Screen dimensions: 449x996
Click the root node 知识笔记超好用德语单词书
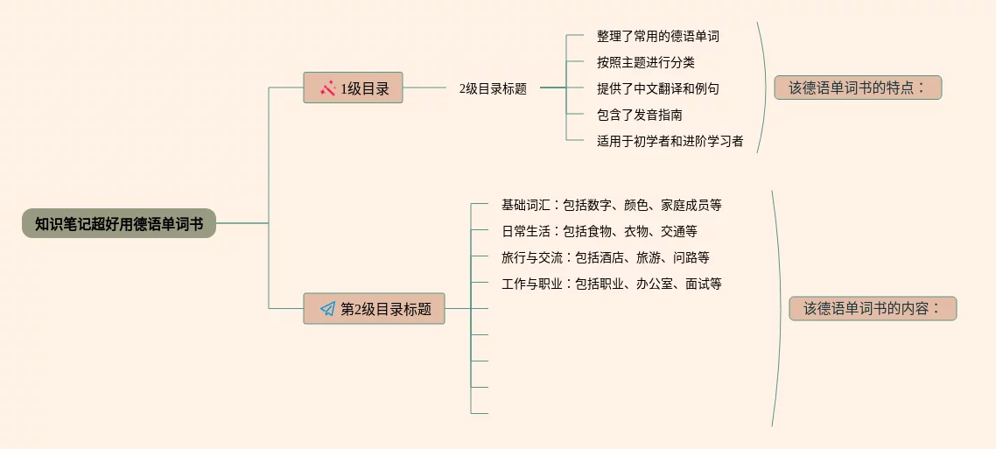point(119,224)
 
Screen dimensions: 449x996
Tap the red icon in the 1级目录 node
point(328,88)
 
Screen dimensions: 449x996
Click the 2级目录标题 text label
point(493,88)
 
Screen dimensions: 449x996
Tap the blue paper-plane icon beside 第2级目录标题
point(327,309)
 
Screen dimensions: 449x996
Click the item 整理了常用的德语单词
point(658,37)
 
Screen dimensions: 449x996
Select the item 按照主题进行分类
point(646,62)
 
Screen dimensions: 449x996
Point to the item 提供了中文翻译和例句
point(658,88)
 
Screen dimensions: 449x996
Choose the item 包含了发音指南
point(640,115)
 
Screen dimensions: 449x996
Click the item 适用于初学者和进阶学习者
point(670,141)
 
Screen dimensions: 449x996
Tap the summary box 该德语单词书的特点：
point(858,88)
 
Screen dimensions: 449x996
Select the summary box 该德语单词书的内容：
point(873,309)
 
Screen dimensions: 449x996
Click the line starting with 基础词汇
point(611,206)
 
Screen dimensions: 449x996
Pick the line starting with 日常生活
point(599,232)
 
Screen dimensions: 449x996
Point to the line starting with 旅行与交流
point(605,258)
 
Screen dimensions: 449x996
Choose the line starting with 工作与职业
point(611,284)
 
